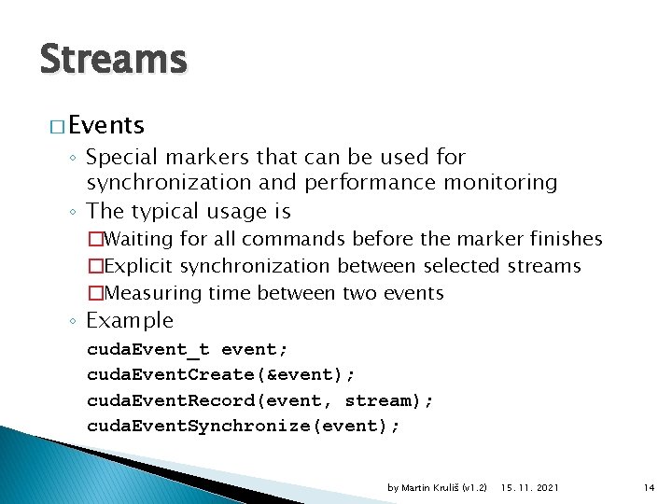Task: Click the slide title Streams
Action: pos(113,60)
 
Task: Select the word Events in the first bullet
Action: pos(105,125)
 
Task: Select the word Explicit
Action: pos(140,266)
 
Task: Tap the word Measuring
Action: pos(150,293)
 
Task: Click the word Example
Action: pos(130,320)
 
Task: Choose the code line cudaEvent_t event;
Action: pos(188,350)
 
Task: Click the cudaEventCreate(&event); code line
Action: pos(220,375)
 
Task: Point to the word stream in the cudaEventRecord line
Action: pos(381,400)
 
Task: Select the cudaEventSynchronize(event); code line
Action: pos(243,426)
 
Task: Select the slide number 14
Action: pos(650,487)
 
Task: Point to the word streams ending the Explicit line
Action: pos(544,266)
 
